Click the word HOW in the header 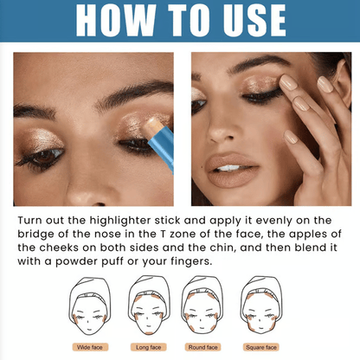116,20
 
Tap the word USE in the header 254,20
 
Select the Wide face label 90,347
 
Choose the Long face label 149,347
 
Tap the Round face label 203,347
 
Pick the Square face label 261,347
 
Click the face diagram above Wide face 90,306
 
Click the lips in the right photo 231,170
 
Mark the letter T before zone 164,234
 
